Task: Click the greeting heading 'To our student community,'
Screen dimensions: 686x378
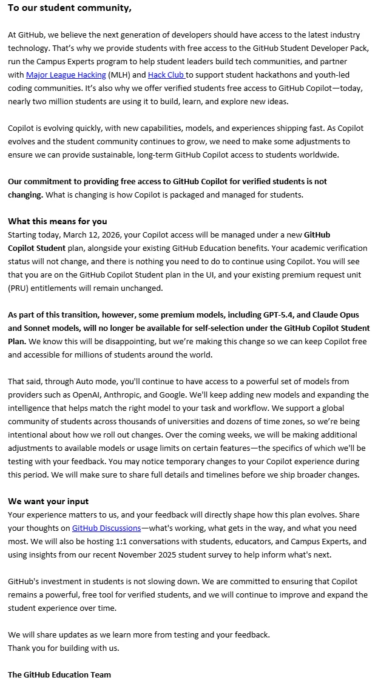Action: (69, 8)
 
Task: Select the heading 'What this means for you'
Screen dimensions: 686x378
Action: (57, 221)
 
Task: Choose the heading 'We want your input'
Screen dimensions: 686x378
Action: (48, 501)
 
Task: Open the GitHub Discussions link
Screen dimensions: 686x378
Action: (106, 528)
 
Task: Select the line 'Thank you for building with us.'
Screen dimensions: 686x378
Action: (64, 648)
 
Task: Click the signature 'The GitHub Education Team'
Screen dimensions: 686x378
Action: (59, 674)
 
